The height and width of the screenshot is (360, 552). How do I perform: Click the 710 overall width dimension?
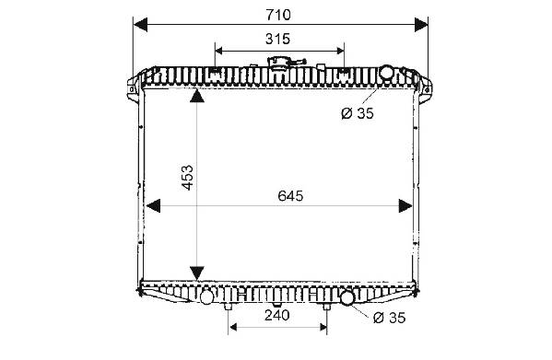pos(278,15)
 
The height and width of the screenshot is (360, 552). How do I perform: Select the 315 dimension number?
pos(277,39)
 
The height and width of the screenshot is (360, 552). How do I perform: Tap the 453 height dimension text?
pos(188,178)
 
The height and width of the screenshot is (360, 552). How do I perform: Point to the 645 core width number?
pos(290,196)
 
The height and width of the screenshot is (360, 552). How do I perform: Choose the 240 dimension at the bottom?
pos(277,316)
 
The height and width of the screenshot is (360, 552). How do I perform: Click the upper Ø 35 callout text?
pos(358,113)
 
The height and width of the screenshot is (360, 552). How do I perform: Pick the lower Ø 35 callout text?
pos(390,318)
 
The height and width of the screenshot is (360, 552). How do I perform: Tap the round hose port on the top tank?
pos(386,73)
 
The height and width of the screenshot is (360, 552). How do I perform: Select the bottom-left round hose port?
pos(206,297)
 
